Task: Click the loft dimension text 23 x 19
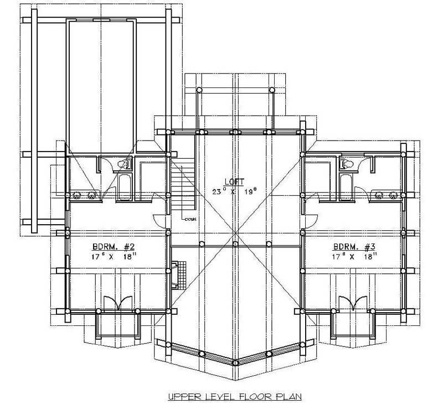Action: tap(235, 191)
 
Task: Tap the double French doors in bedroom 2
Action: tap(117, 303)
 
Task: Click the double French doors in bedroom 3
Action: tap(353, 303)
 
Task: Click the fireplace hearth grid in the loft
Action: tap(177, 273)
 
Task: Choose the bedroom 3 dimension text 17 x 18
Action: tap(354, 256)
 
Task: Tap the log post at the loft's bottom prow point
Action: tap(235, 362)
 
